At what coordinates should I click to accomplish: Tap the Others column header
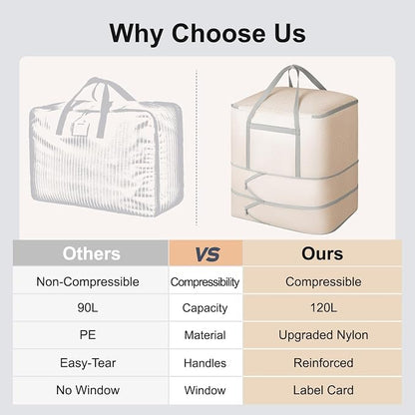(91, 253)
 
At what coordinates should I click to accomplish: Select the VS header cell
(207, 253)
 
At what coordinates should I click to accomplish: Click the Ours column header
(322, 253)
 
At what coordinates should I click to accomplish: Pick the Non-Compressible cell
(88, 282)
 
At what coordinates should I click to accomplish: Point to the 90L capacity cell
(88, 308)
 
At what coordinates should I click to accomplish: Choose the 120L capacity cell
(323, 308)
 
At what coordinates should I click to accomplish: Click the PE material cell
(88, 335)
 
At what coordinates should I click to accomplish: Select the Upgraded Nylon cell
(323, 335)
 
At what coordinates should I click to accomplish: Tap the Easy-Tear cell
(88, 363)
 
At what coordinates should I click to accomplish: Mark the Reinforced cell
(323, 363)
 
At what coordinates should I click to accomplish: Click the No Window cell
(88, 390)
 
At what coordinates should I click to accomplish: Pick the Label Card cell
(323, 390)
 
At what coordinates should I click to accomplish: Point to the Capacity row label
(205, 308)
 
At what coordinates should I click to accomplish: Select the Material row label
(205, 335)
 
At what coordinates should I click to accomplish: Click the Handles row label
(205, 363)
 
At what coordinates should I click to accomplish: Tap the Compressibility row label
(205, 282)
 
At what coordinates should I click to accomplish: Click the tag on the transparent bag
(80, 126)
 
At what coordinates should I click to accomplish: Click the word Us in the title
(290, 33)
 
